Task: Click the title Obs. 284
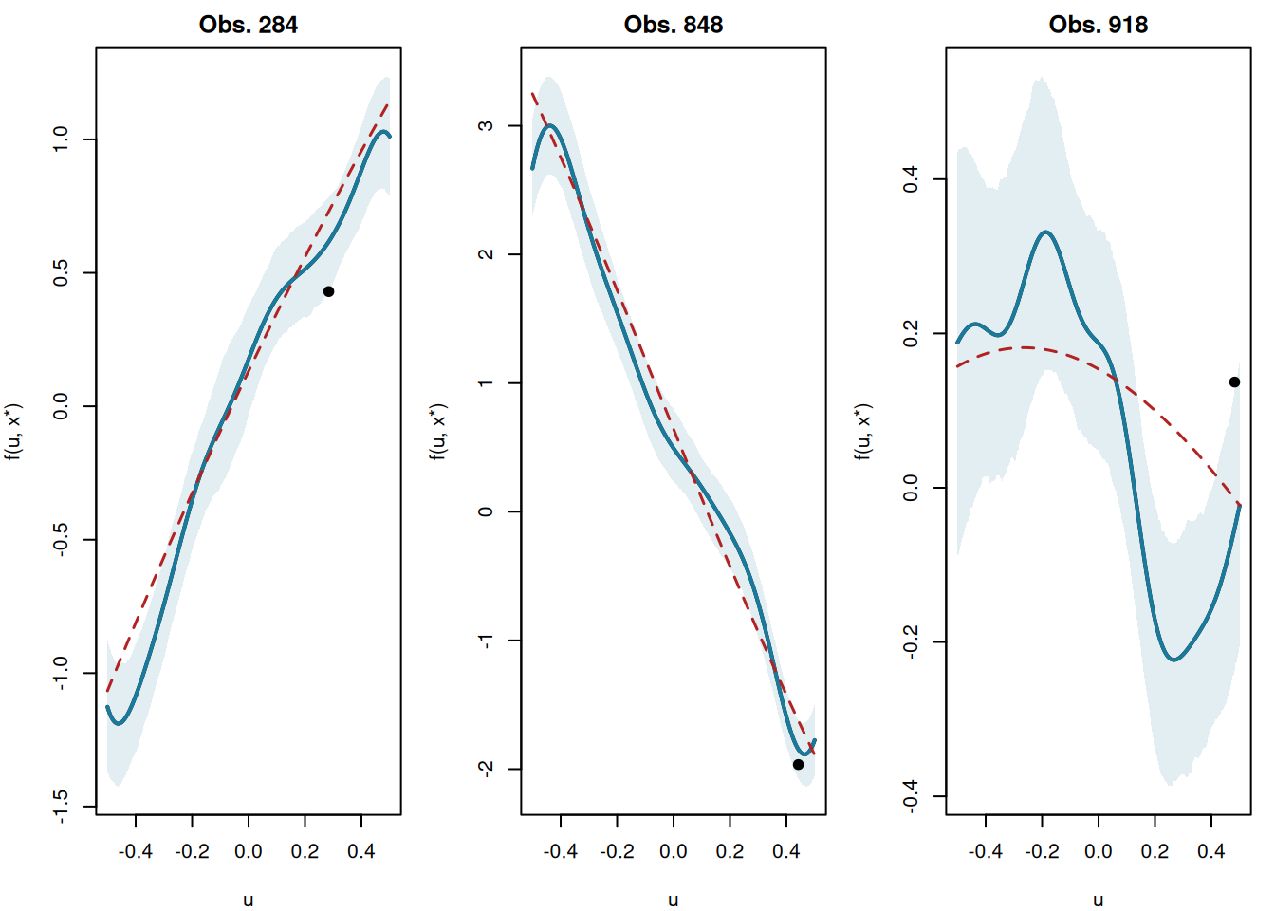248,25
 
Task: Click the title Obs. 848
673,25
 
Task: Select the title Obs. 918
1098,25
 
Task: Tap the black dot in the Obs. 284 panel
328,291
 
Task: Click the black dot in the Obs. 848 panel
798,764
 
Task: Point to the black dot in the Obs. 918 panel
1234,381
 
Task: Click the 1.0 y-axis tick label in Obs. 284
61,139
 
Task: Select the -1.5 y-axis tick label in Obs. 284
61,806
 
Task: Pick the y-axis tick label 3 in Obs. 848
486,125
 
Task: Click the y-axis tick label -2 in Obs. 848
486,768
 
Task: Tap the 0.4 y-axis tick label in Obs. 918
911,178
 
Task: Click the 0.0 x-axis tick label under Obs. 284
248,851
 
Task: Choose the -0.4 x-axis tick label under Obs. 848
560,851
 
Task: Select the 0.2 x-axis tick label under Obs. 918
1155,851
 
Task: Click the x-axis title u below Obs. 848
673,900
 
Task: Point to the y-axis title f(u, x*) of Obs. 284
13,432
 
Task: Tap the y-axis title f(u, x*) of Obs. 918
863,432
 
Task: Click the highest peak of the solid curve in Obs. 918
1045,232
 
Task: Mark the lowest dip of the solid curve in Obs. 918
1174,659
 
